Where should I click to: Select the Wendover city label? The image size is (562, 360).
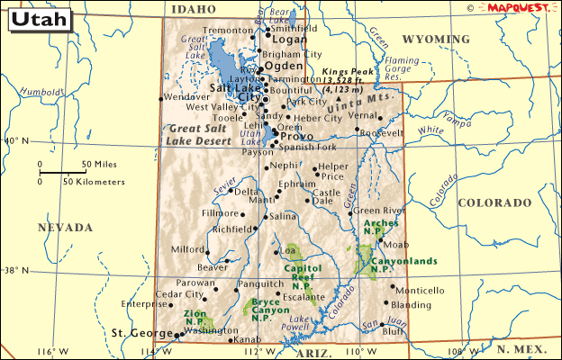click(x=187, y=97)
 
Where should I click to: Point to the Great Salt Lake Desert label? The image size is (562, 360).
click(x=201, y=134)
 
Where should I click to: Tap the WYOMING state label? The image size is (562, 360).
click(x=436, y=40)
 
